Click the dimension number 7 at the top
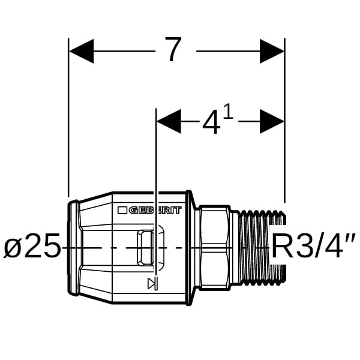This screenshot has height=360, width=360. pyautogui.click(x=173, y=49)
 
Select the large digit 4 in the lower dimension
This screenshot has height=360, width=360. pyautogui.click(x=211, y=122)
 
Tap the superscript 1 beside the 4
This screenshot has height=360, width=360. pyautogui.click(x=228, y=112)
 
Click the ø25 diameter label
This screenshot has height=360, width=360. pyautogui.click(x=32, y=245)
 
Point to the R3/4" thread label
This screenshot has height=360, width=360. pyautogui.click(x=314, y=245)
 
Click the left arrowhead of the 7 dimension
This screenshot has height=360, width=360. pyautogui.click(x=81, y=51)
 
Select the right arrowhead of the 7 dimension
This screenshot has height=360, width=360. pyautogui.click(x=272, y=51)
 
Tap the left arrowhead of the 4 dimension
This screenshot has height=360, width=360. pyautogui.click(x=169, y=121)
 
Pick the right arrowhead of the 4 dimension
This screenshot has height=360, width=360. pyautogui.click(x=272, y=121)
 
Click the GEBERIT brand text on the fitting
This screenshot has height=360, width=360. pyautogui.click(x=155, y=210)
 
